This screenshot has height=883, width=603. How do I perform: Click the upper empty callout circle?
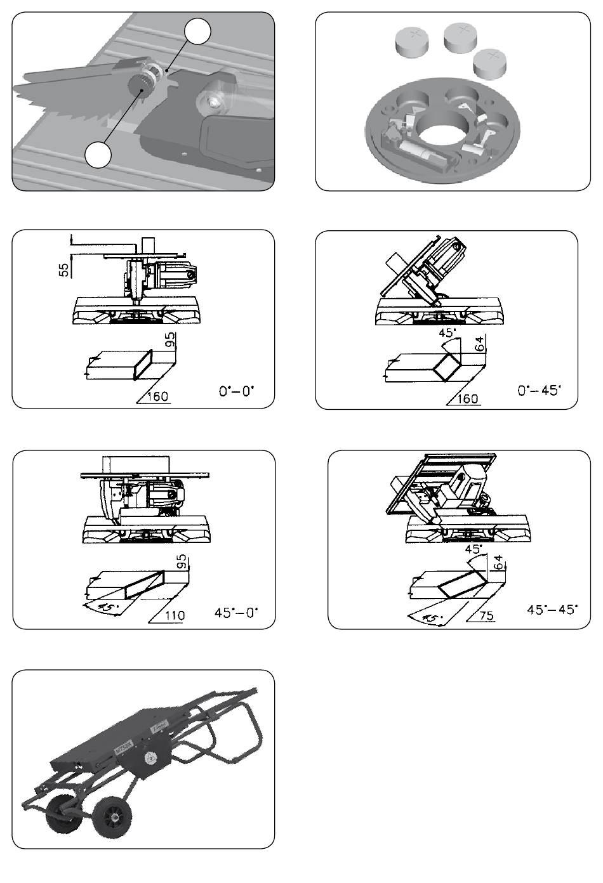(197, 32)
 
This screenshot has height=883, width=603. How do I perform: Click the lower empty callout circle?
(98, 155)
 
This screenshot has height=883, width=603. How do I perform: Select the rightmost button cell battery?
(490, 65)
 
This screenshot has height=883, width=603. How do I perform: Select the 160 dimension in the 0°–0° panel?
(157, 396)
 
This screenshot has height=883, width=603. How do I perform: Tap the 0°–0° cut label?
(236, 391)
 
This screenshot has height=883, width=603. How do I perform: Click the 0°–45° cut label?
(539, 391)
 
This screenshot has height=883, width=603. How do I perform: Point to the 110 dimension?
(175, 615)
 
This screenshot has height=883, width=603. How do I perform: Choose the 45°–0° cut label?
(236, 613)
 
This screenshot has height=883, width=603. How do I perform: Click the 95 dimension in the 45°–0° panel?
(182, 563)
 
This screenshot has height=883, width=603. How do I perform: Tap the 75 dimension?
(487, 615)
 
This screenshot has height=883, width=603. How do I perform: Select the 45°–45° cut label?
(552, 610)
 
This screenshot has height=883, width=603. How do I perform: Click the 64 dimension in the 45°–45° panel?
(498, 563)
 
